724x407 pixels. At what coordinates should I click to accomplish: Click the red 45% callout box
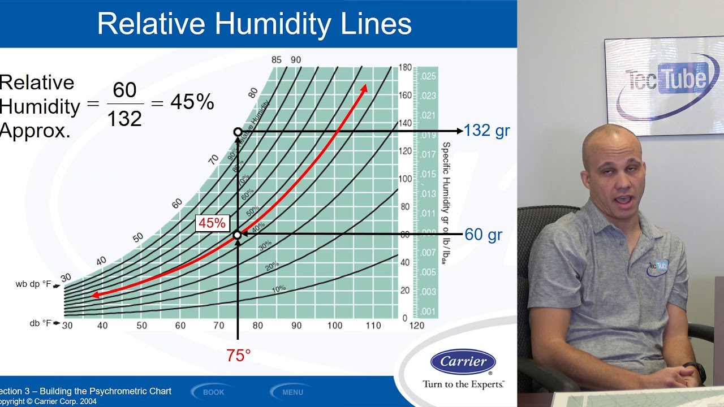pyautogui.click(x=212, y=223)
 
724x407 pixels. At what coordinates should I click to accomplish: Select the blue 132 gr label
pyautogui.click(x=486, y=131)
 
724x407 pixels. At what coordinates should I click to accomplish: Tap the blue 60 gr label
pyautogui.click(x=483, y=235)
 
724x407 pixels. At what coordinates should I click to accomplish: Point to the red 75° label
pyautogui.click(x=238, y=356)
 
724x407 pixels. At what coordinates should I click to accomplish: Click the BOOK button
pyautogui.click(x=213, y=392)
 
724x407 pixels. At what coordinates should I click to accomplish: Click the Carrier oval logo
pyautogui.click(x=463, y=362)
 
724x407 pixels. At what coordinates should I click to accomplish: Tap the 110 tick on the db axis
pyautogui.click(x=373, y=326)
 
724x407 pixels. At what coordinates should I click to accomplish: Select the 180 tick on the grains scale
pyautogui.click(x=405, y=68)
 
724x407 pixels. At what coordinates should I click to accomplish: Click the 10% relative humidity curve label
pyautogui.click(x=279, y=289)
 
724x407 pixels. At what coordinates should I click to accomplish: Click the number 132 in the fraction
pyautogui.click(x=124, y=119)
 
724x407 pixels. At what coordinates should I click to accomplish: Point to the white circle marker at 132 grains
pyautogui.click(x=238, y=132)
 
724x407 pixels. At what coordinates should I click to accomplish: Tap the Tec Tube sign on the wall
pyautogui.click(x=665, y=85)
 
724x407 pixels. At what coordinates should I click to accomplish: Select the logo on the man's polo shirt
pyautogui.click(x=657, y=266)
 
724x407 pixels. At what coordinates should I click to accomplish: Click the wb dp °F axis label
pyautogui.click(x=33, y=284)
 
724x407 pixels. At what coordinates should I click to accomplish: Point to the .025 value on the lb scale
pyautogui.click(x=428, y=76)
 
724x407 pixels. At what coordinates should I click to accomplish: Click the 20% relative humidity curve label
pyautogui.click(x=272, y=265)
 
